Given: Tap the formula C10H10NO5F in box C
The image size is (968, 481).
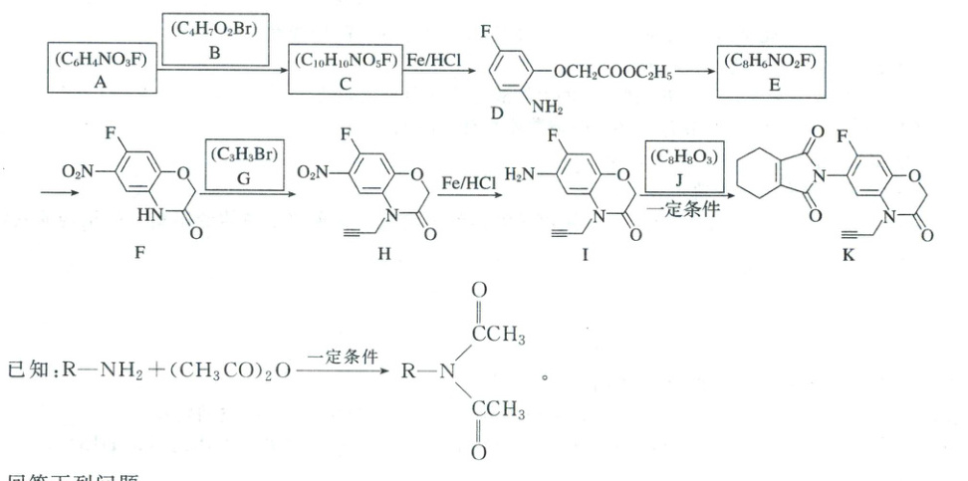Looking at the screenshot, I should pyautogui.click(x=345, y=60).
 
